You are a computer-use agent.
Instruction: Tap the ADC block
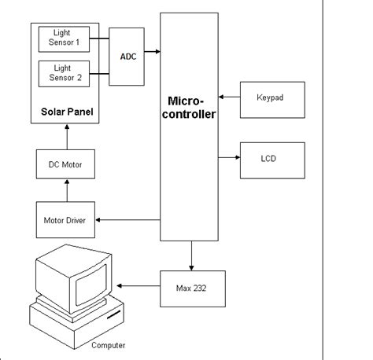point(127,56)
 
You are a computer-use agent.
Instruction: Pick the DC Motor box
point(66,165)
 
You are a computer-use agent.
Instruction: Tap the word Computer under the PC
point(108,345)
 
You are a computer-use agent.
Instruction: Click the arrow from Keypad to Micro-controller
point(229,97)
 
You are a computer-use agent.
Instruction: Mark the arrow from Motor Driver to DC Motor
point(66,190)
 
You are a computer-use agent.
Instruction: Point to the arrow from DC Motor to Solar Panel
point(66,138)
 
